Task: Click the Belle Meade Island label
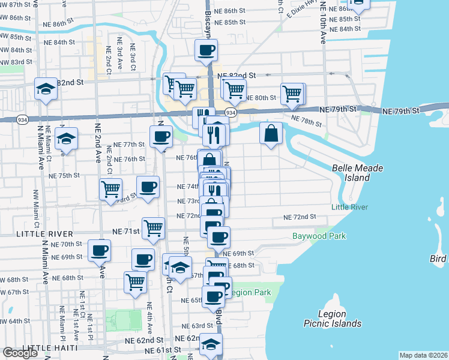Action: [x=357, y=173]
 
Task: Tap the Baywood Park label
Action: [x=319, y=236]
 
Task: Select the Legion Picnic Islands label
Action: [x=331, y=319]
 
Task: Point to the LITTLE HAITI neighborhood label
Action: [x=50, y=348]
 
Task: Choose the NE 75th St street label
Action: [x=64, y=175]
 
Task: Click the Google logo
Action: [x=20, y=353]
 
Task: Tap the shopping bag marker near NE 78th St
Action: [x=271, y=133]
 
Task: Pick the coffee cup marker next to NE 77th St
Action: [x=160, y=136]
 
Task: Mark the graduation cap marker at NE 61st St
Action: [x=211, y=344]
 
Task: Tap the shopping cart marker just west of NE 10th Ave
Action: [x=292, y=94]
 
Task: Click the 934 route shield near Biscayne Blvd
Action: [x=230, y=113]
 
